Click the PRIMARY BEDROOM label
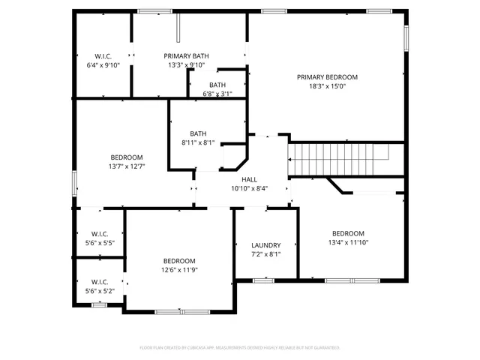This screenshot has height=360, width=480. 327,76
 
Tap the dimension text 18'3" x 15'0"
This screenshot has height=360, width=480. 327,86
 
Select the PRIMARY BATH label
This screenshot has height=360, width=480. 187,55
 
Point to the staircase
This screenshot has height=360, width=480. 338,159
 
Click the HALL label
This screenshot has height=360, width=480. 249,179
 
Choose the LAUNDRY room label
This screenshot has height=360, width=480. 266,245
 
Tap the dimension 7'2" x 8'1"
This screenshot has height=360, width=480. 266,255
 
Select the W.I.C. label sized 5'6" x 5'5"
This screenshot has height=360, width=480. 99,233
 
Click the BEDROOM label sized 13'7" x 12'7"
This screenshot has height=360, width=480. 126,157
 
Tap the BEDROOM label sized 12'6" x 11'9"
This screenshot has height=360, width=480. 179,260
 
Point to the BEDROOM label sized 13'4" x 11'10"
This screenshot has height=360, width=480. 348,233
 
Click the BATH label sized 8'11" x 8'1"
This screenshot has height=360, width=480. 198,133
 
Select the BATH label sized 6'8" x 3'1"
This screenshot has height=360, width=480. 217,85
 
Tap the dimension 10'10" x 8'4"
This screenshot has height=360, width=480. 249,189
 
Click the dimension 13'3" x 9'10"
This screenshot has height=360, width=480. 187,65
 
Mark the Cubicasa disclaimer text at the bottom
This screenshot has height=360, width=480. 240,348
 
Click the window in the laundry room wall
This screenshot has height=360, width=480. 262,280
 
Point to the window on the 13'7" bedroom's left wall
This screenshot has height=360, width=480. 73,183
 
